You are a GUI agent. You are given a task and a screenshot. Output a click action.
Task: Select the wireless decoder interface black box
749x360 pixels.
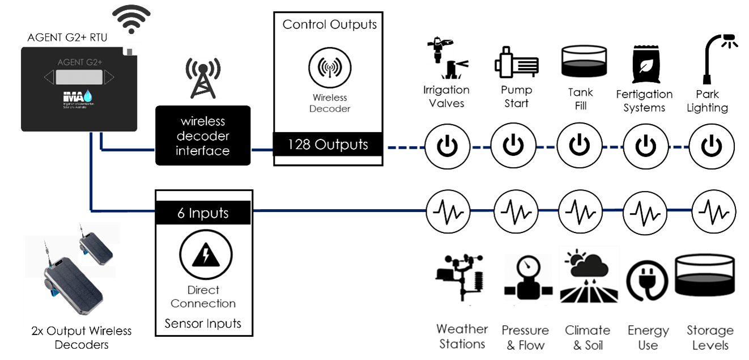point(203,136)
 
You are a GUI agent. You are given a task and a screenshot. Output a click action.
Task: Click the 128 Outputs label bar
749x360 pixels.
point(328,145)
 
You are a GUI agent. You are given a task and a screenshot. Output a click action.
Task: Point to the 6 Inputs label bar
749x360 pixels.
point(203,213)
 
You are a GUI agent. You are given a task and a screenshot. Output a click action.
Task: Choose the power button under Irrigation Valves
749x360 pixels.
point(447,146)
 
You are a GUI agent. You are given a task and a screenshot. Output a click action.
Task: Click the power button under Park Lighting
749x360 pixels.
point(712,146)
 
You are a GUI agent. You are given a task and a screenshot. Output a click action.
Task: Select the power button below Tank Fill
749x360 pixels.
point(580,146)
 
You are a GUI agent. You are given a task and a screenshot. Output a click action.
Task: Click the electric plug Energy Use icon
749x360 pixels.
point(647,281)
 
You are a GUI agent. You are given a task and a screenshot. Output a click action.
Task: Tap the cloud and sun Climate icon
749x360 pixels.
point(589,275)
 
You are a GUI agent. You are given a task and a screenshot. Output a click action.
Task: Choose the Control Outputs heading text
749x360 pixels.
point(330,24)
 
